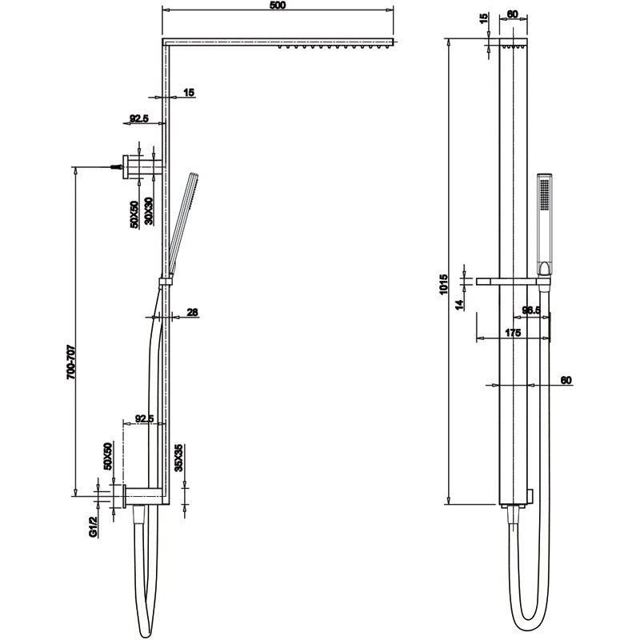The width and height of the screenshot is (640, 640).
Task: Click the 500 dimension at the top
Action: point(278,6)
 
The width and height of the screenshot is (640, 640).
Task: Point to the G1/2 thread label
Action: point(93,526)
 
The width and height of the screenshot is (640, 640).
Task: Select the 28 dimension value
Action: point(192,313)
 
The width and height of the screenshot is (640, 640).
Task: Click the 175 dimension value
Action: point(513,332)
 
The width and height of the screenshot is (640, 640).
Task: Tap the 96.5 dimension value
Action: point(532,310)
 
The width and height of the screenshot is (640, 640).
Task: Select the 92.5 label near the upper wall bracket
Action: point(139,119)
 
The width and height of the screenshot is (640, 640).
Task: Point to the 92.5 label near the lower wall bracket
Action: point(145,418)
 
